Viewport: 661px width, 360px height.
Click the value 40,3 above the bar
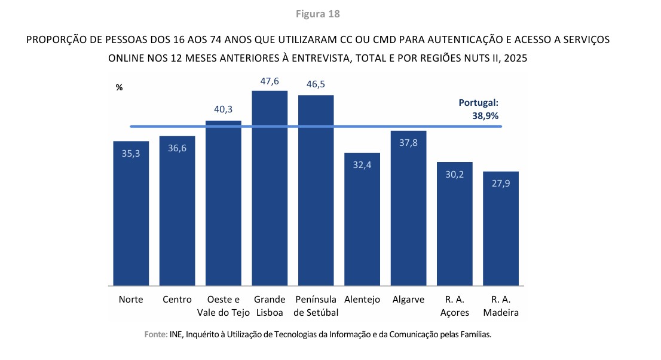(x=224, y=109)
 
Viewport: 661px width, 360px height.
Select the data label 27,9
(x=501, y=183)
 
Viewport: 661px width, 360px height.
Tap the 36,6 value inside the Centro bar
(x=177, y=148)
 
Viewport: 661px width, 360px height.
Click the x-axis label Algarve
(x=408, y=300)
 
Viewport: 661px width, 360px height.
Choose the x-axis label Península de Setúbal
(x=316, y=306)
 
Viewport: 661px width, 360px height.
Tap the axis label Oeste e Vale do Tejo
(x=224, y=306)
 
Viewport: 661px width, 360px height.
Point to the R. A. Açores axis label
(x=455, y=306)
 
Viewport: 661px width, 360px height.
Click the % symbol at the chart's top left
(x=119, y=87)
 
